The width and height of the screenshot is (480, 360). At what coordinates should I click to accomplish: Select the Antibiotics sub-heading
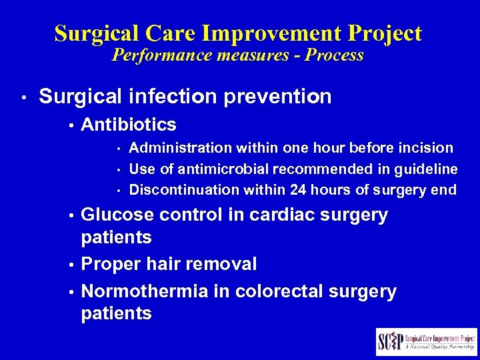coord(129,125)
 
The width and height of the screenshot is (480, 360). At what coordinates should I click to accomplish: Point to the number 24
coord(299,190)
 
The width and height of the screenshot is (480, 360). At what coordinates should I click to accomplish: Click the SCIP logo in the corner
coord(426,342)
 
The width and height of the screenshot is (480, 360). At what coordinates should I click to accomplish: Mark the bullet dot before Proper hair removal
coord(72,265)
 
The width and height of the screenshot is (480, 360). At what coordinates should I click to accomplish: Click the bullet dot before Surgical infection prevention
coord(23,98)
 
